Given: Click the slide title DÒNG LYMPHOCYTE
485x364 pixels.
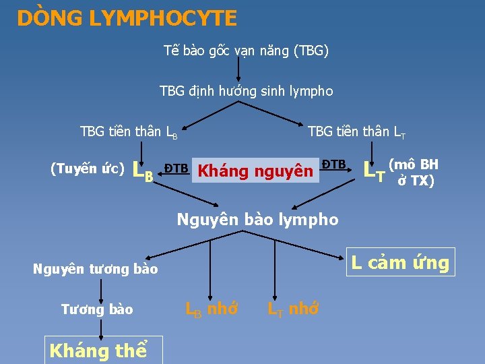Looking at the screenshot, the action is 127,18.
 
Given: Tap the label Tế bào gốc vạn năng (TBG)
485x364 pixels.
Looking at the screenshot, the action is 246,51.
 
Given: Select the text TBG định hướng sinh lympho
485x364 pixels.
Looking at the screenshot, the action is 246,90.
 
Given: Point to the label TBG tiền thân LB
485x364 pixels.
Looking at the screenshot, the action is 129,131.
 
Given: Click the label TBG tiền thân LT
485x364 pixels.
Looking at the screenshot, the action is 356,131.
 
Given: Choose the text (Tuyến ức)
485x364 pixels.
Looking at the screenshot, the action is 88,169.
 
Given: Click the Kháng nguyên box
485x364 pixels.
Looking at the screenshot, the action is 255,171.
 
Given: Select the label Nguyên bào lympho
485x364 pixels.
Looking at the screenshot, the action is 257,219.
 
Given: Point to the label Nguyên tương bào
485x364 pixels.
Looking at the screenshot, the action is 96,270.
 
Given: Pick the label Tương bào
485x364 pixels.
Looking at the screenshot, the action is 97,309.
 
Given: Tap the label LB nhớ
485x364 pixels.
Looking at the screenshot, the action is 212,309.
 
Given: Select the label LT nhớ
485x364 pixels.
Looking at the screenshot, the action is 293,309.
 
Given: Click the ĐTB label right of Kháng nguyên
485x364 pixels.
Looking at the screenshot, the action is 333,164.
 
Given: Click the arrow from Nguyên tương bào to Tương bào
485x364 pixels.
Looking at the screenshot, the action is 101,289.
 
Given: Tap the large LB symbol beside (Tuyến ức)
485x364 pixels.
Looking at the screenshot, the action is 143,172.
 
